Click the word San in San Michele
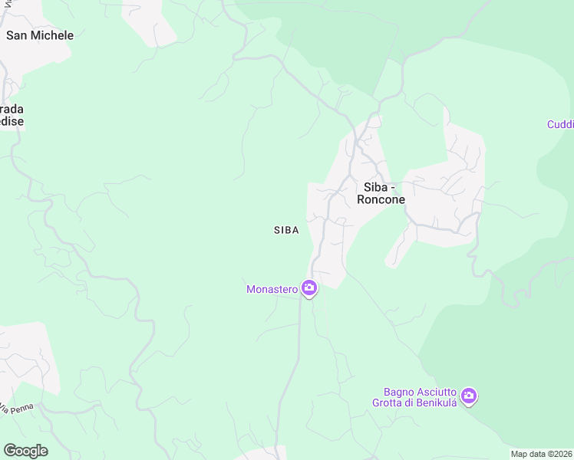click(18, 35)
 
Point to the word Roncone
click(381, 200)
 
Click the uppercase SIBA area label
click(286, 230)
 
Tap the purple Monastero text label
click(272, 289)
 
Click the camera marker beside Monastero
click(309, 289)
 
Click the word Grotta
click(389, 402)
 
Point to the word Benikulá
click(437, 402)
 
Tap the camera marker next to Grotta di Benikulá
click(469, 396)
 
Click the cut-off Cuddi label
click(560, 124)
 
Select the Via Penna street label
click(17, 409)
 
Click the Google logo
click(25, 451)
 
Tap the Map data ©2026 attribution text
click(541, 454)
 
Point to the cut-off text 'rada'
click(12, 109)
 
